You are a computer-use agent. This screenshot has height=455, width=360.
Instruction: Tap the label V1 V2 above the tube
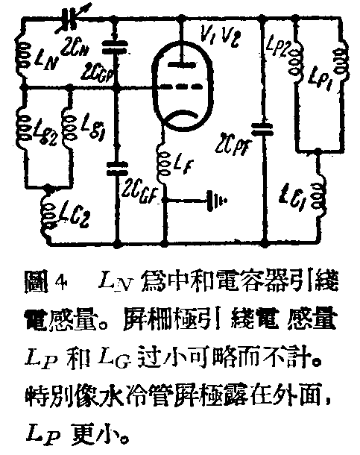click(x=219, y=33)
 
